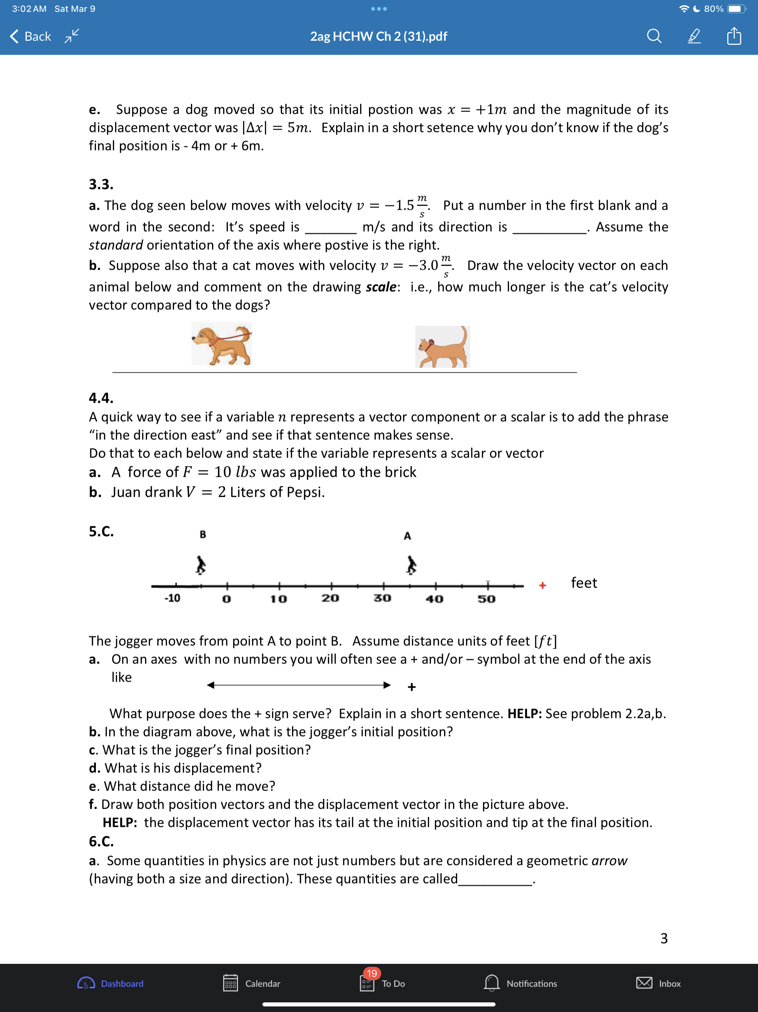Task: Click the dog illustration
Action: [x=222, y=344]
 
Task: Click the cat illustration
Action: [x=442, y=347]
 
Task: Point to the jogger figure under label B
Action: [x=201, y=565]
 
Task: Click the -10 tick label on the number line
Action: [x=172, y=598]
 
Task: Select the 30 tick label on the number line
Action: [x=382, y=598]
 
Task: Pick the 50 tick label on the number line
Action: [x=486, y=598]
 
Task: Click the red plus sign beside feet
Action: [x=542, y=585]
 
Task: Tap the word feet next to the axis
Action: [x=584, y=583]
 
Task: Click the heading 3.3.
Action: [x=101, y=184]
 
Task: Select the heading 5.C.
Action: [x=101, y=531]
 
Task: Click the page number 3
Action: [x=664, y=938]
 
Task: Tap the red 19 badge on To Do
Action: [x=372, y=973]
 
